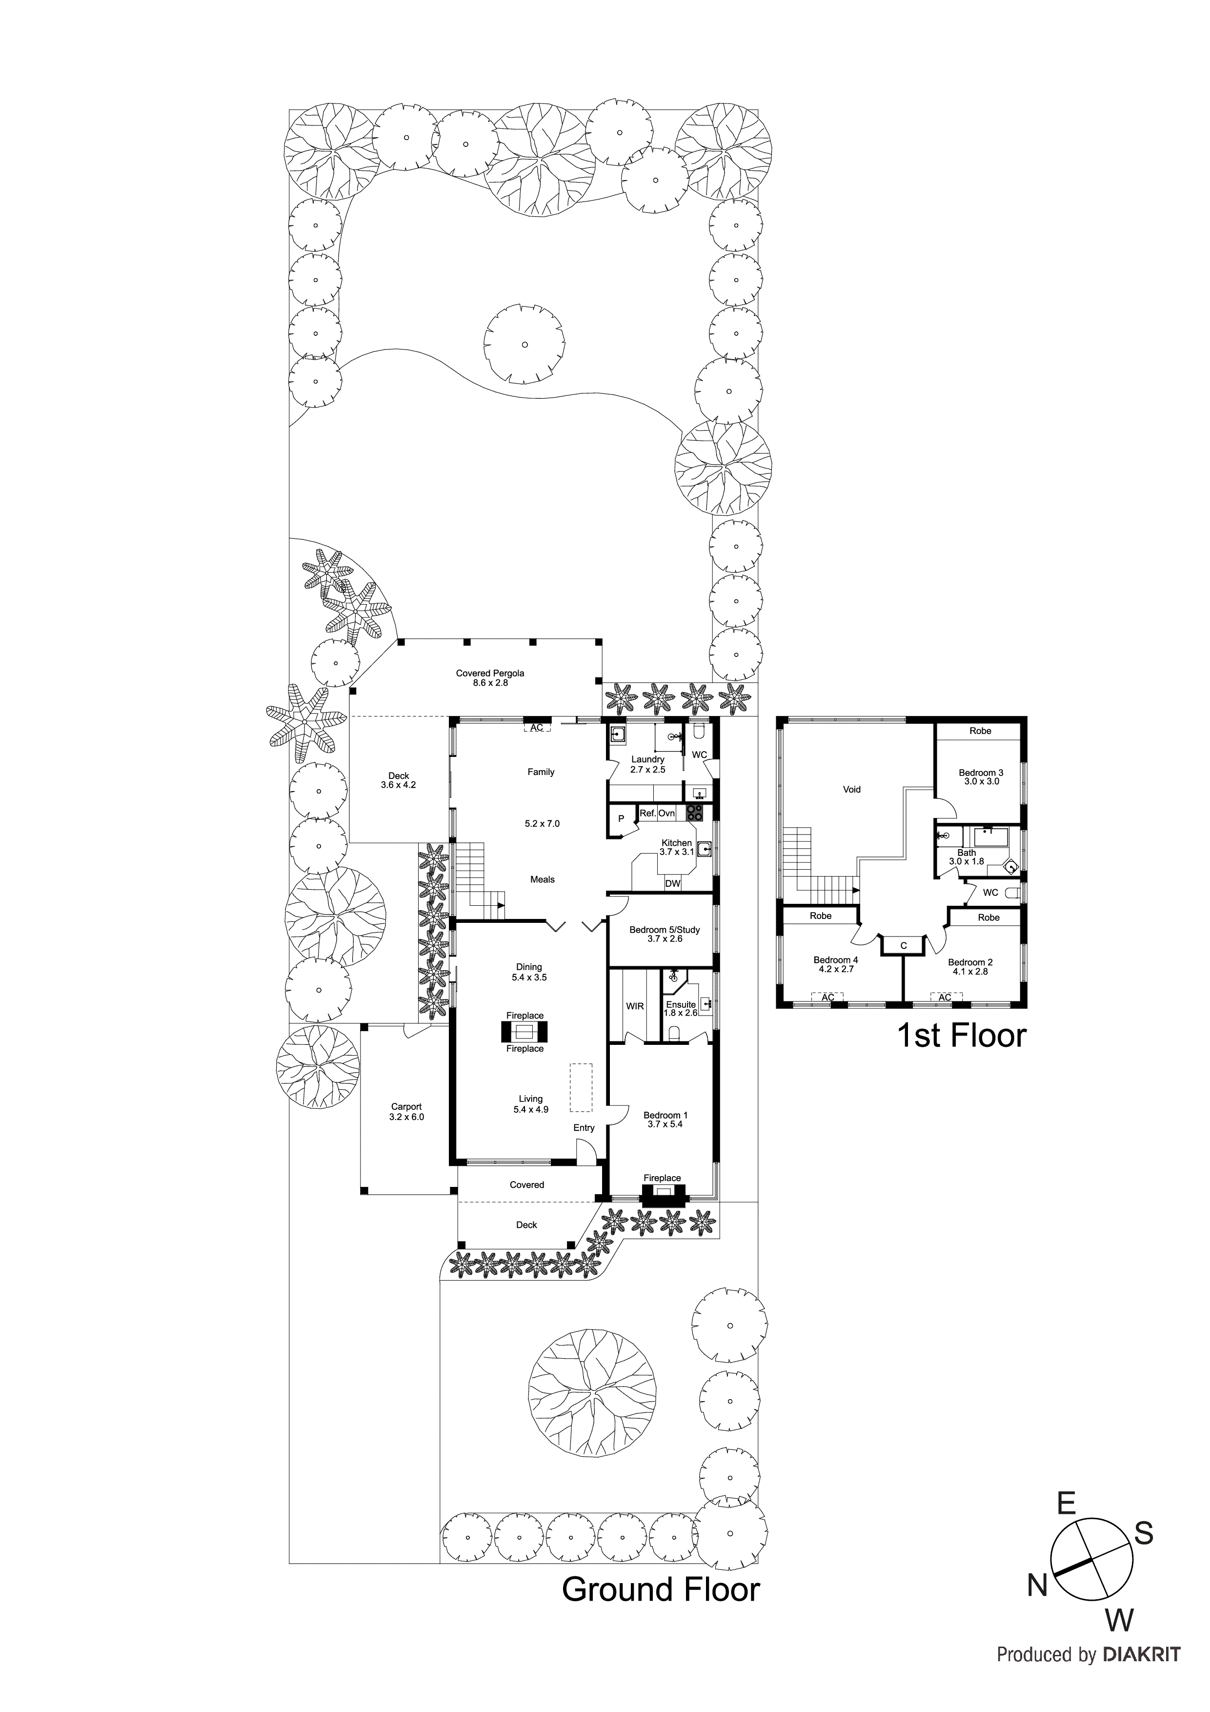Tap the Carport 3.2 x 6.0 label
[x=406, y=1112]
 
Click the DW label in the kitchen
[x=672, y=884]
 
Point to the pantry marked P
[x=621, y=819]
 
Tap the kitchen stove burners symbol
[x=695, y=813]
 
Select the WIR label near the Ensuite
[x=634, y=1006]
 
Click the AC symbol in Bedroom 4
[x=827, y=997]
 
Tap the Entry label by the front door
[x=584, y=1127]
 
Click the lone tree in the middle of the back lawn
[x=524, y=345]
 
